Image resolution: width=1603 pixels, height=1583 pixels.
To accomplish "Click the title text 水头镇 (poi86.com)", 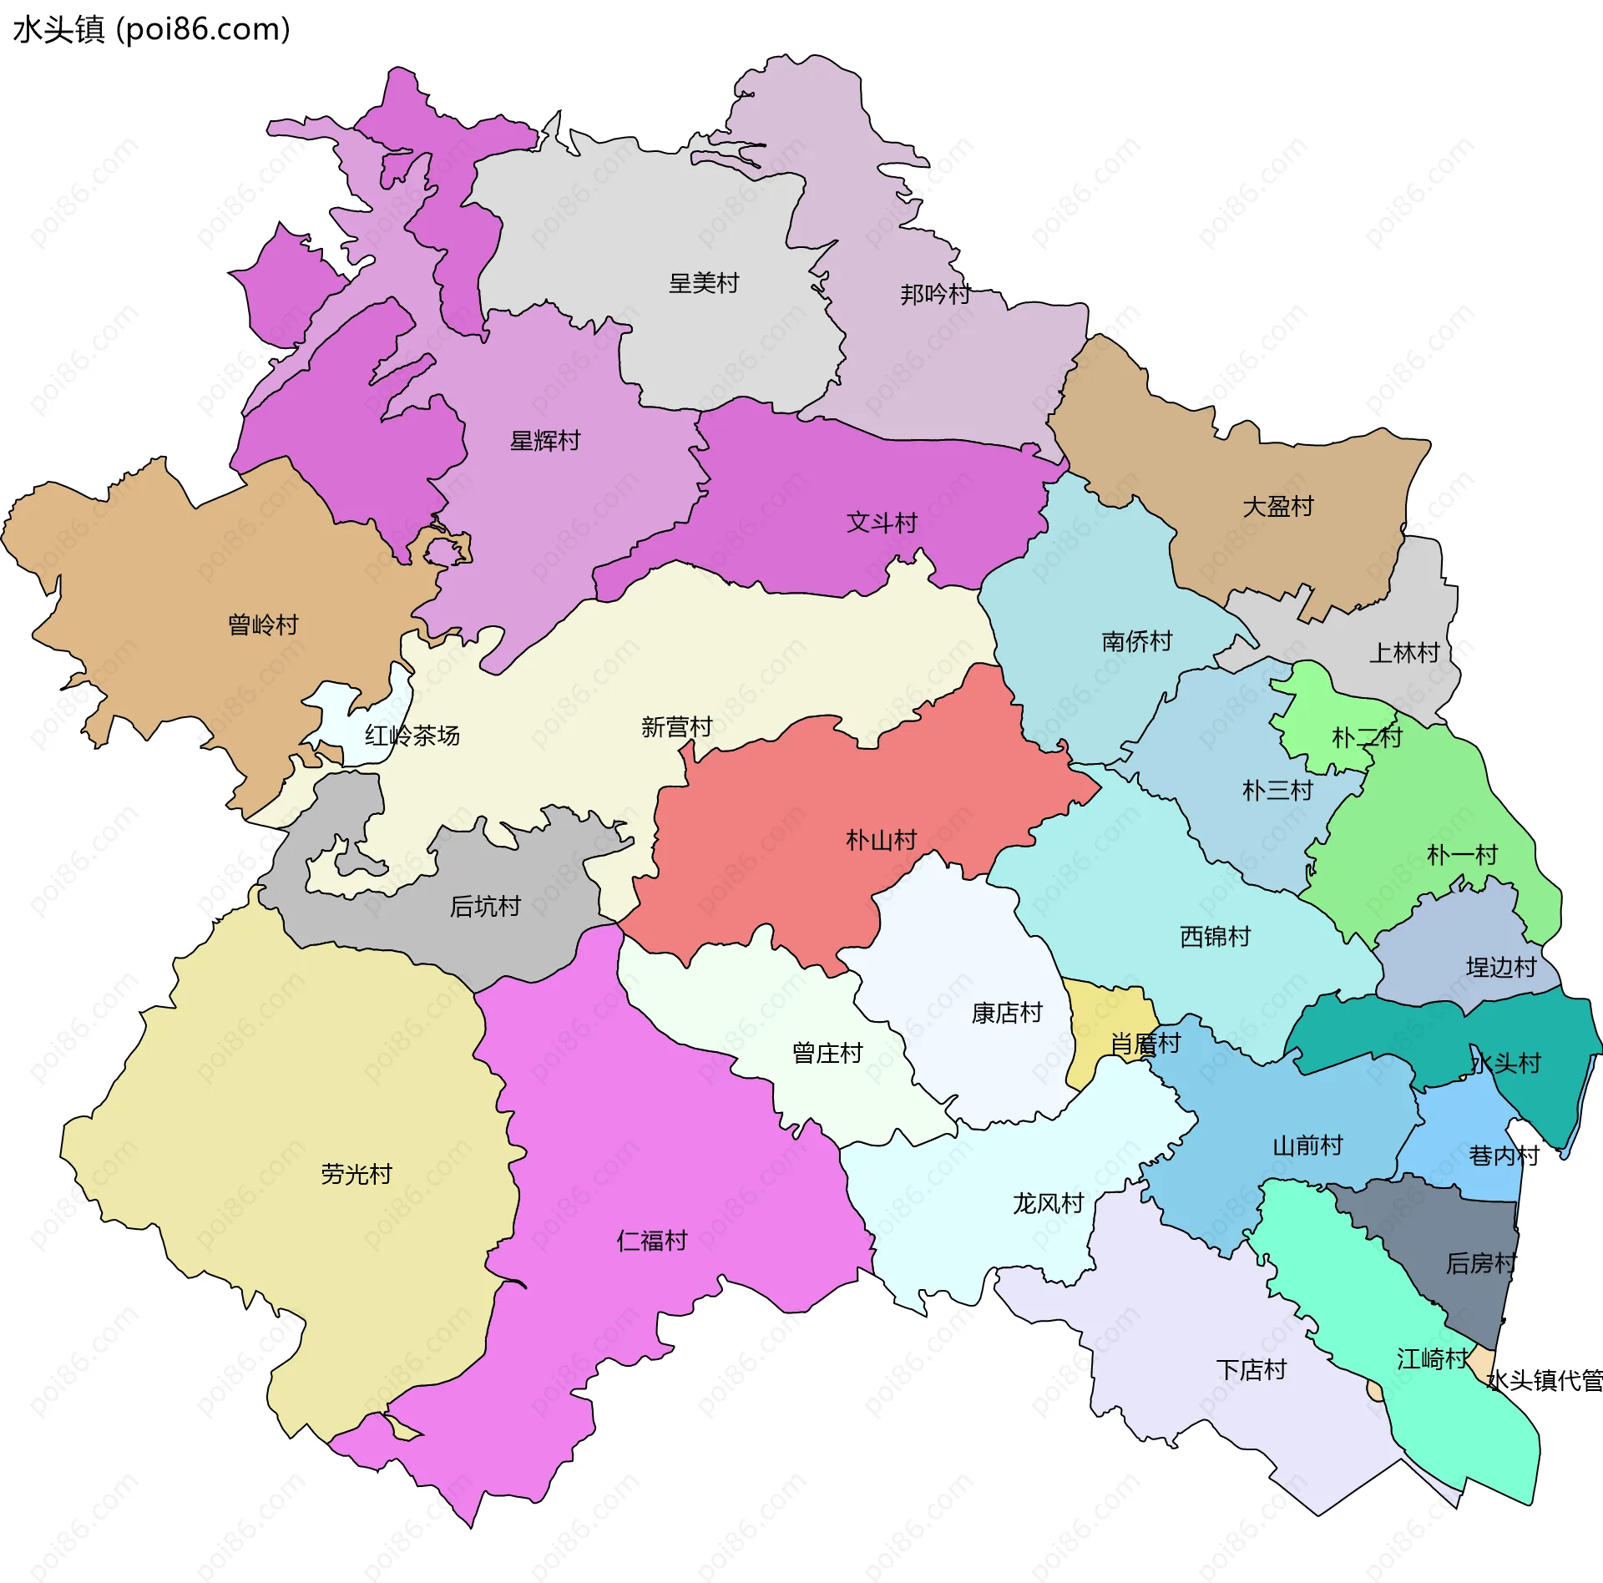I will pyautogui.click(x=151, y=29).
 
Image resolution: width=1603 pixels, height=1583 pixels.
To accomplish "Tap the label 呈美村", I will pyautogui.click(x=703, y=283).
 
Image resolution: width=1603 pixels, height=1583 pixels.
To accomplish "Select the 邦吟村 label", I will pyautogui.click(x=934, y=294).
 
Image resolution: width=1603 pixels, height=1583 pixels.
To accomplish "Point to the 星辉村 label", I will pyautogui.click(x=544, y=441).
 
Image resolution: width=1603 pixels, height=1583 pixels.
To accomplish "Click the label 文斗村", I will pyautogui.click(x=881, y=523).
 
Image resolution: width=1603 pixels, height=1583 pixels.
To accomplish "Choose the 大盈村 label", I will pyautogui.click(x=1277, y=506).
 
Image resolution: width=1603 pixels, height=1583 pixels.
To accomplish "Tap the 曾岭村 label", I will pyautogui.click(x=263, y=625).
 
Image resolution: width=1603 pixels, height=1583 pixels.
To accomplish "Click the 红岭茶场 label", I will pyautogui.click(x=412, y=736).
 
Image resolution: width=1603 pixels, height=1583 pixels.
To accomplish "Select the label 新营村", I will pyautogui.click(x=676, y=726).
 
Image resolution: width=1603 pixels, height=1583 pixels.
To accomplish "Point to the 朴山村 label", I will pyautogui.click(x=881, y=839).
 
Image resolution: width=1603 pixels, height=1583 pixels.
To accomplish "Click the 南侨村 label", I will pyautogui.click(x=1136, y=641).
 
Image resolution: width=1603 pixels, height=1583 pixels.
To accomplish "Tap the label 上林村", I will pyautogui.click(x=1404, y=652).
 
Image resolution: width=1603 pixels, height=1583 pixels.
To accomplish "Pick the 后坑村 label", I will pyautogui.click(x=484, y=906).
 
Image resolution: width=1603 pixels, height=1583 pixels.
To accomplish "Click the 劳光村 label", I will pyautogui.click(x=356, y=1174).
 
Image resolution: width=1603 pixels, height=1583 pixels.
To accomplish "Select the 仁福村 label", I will pyautogui.click(x=651, y=1241).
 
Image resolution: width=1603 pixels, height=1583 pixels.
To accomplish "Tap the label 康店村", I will pyautogui.click(x=1006, y=1013).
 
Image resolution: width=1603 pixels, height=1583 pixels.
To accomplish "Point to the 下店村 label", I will pyautogui.click(x=1251, y=1369).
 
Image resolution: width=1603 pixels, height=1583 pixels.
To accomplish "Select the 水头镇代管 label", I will pyautogui.click(x=1545, y=1381).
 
